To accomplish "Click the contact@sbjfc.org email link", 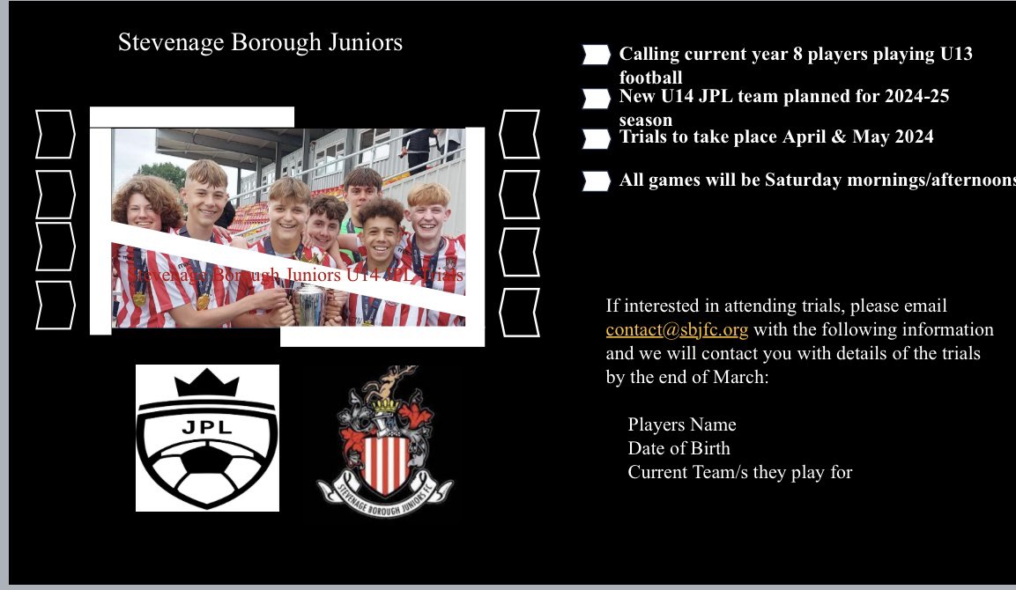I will pyautogui.click(x=677, y=331).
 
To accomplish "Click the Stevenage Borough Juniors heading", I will pyautogui.click(x=260, y=42).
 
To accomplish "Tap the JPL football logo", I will pyautogui.click(x=207, y=438).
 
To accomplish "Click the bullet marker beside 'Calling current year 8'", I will pyautogui.click(x=596, y=55).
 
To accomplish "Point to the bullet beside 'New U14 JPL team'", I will pyautogui.click(x=596, y=97).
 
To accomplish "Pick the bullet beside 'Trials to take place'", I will pyautogui.click(x=596, y=138).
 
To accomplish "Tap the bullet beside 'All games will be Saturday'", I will pyautogui.click(x=596, y=181).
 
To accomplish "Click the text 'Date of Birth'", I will pyautogui.click(x=679, y=448).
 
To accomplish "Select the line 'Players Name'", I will pyautogui.click(x=681, y=424).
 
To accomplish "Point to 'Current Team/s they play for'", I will pyautogui.click(x=739, y=472).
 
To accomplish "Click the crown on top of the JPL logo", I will pyautogui.click(x=207, y=384).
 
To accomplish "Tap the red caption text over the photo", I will pyautogui.click(x=295, y=276).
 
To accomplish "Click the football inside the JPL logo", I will pyautogui.click(x=207, y=471).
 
